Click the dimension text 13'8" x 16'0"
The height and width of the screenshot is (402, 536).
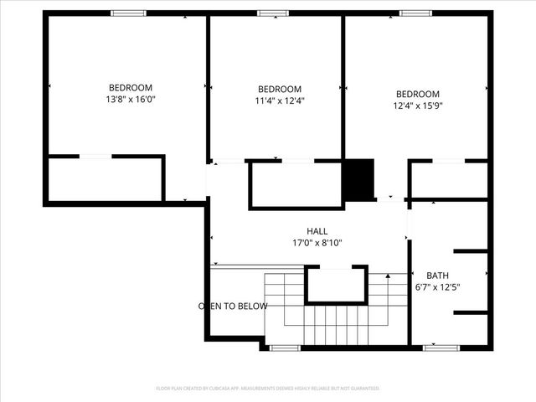pos(131,100)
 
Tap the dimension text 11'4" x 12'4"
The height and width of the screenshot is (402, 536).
pos(279,101)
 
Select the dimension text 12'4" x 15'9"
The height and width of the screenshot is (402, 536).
pos(417,106)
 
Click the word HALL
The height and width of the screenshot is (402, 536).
pos(317,231)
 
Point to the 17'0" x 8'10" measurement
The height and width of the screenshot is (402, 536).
pos(317,244)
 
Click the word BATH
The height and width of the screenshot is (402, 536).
pos(437,276)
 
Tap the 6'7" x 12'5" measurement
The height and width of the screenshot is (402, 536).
pos(437,287)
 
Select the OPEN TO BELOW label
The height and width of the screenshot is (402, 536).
pos(233,307)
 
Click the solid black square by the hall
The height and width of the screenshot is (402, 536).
pos(359,179)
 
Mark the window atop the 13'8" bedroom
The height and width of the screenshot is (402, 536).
pos(128,13)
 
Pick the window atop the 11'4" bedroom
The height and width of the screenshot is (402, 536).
pos(273,13)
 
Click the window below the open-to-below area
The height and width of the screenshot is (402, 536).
pos(285,347)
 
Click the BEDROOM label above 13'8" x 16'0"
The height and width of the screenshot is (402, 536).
pos(131,88)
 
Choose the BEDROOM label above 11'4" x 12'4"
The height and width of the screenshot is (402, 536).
pos(279,90)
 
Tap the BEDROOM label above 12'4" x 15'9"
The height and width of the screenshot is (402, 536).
pos(417,94)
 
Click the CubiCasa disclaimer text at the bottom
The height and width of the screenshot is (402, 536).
pos(268,389)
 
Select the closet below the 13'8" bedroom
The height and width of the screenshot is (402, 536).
pos(105,178)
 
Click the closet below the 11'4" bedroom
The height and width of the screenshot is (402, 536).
pos(296,184)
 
